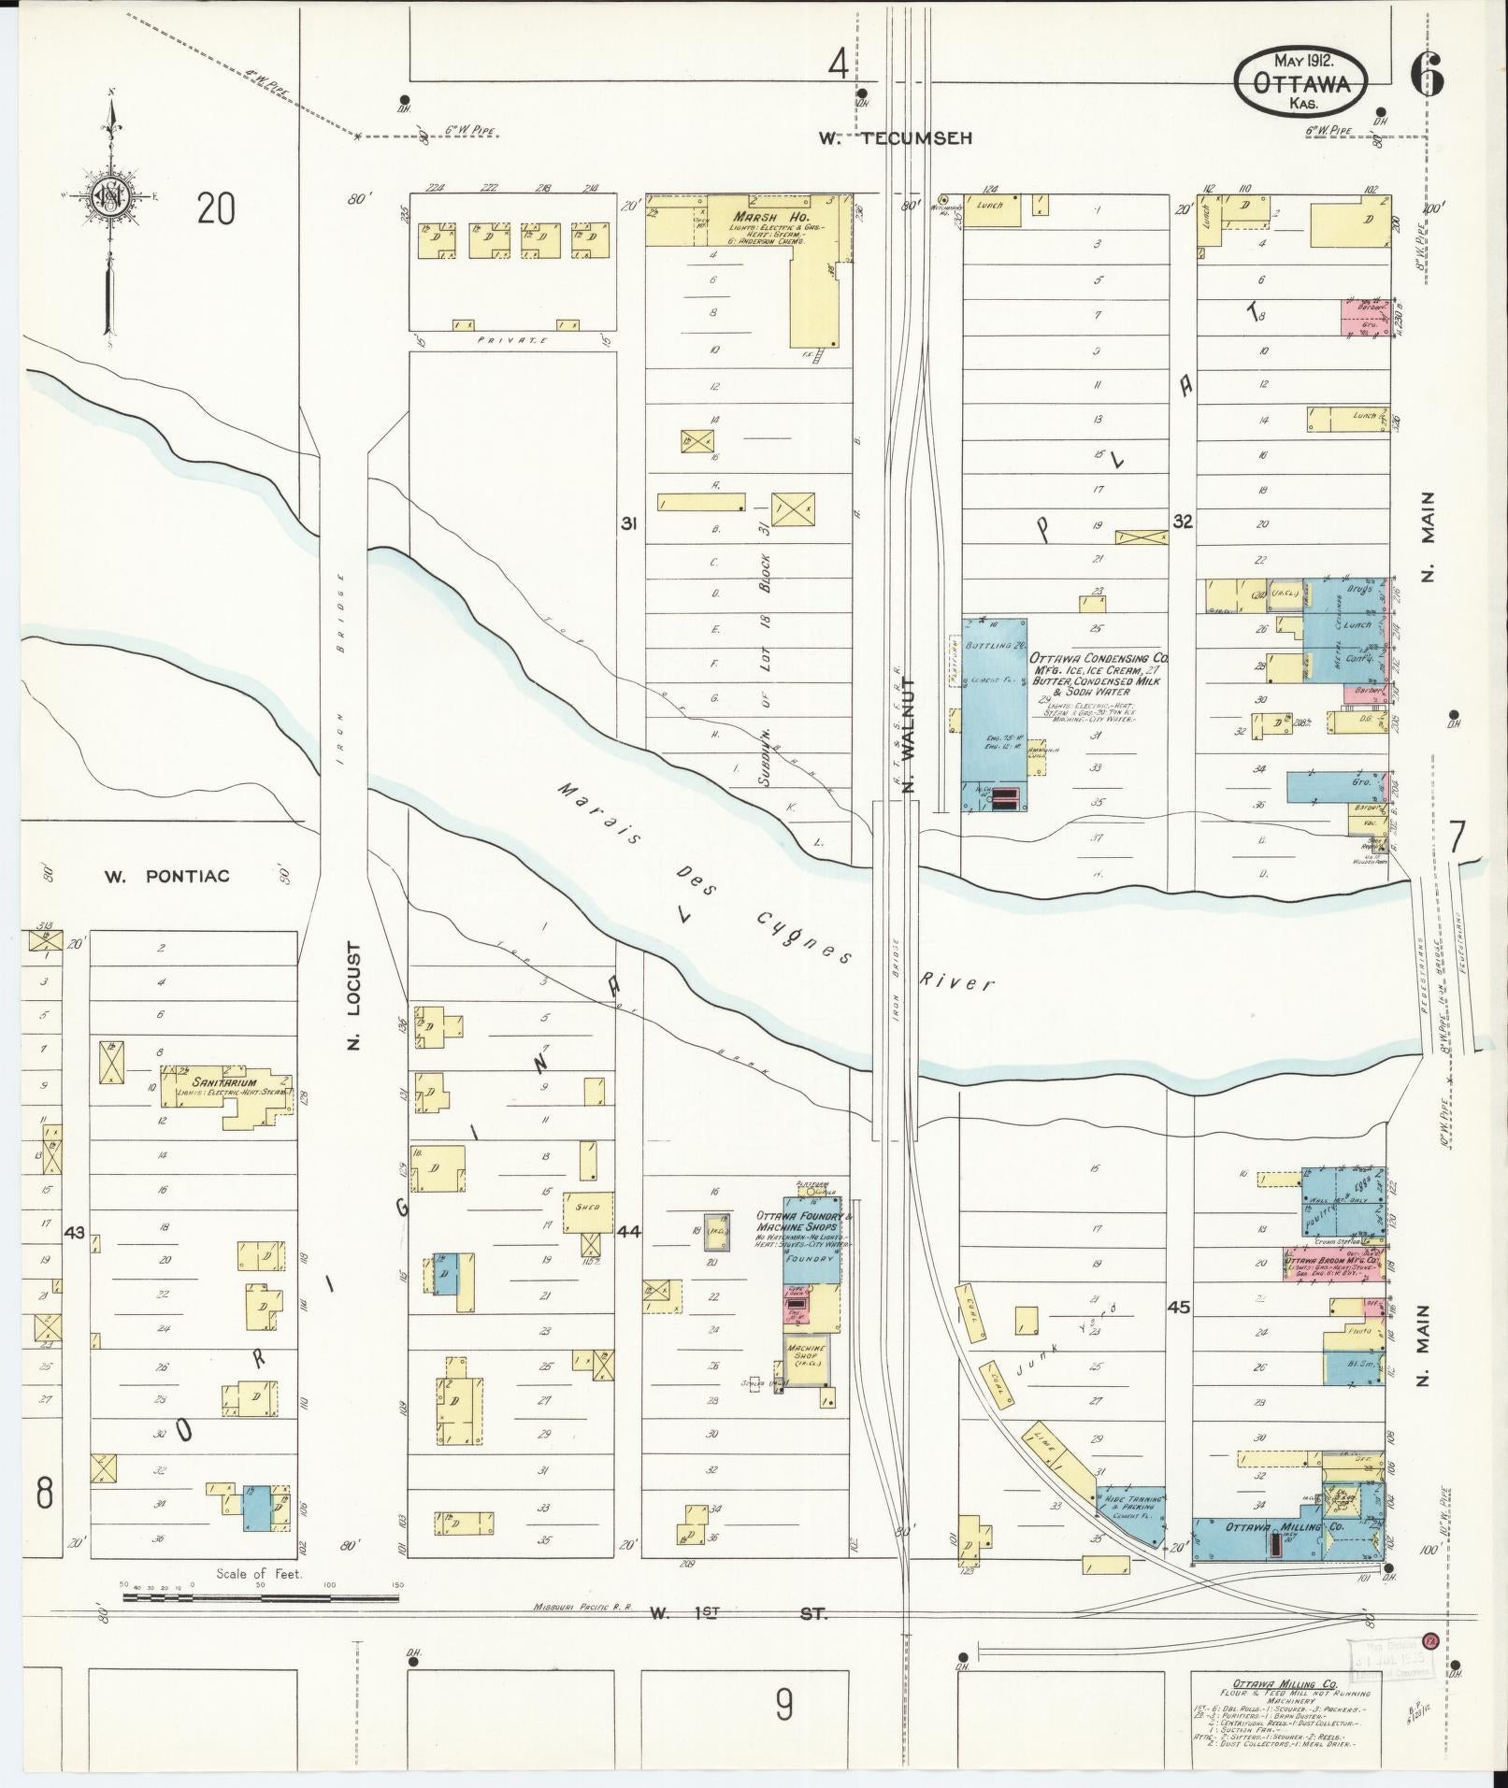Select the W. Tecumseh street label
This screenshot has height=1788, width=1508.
click(x=896, y=138)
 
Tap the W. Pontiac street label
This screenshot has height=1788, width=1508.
click(x=166, y=876)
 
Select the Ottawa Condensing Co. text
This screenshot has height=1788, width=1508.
click(x=1099, y=658)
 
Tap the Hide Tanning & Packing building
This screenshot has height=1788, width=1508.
click(x=1134, y=1505)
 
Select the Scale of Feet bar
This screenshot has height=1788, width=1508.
click(x=260, y=1598)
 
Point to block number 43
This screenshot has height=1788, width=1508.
click(x=75, y=1233)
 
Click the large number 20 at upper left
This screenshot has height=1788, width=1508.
click(x=216, y=209)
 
